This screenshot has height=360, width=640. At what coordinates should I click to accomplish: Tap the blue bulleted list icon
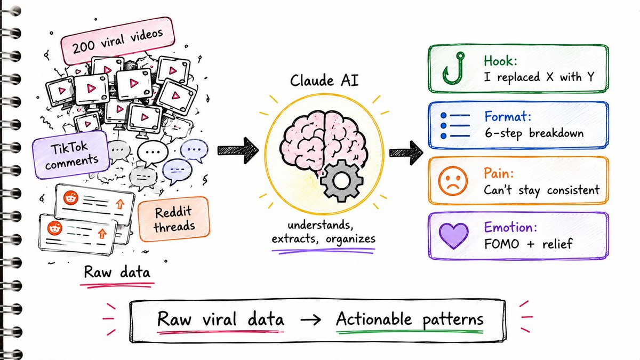click(x=455, y=126)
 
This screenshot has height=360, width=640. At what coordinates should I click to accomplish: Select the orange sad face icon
click(x=453, y=181)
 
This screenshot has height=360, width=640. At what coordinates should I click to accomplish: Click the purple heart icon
click(x=453, y=235)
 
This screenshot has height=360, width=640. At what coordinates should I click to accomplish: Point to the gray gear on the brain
click(x=342, y=181)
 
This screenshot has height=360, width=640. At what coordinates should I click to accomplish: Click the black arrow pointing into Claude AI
click(x=238, y=150)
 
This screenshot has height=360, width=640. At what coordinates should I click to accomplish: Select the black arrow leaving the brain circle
click(x=406, y=153)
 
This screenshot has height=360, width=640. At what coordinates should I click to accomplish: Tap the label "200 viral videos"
click(x=117, y=41)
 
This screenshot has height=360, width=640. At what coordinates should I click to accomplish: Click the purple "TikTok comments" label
click(x=71, y=155)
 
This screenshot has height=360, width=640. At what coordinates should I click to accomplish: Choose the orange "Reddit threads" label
click(x=174, y=219)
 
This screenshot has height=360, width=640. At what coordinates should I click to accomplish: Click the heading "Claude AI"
click(x=324, y=81)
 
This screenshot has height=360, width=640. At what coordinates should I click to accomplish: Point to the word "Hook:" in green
click(x=500, y=61)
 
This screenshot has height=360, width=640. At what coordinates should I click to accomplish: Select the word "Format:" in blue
click(x=508, y=116)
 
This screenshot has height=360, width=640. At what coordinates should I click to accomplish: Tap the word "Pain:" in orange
click(x=499, y=173)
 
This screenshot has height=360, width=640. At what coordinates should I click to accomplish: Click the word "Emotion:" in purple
click(x=510, y=227)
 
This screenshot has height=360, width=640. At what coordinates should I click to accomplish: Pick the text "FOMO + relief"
click(x=529, y=244)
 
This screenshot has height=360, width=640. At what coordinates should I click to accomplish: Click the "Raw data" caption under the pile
click(x=117, y=271)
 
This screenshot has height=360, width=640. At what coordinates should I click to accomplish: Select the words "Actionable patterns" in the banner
click(x=410, y=319)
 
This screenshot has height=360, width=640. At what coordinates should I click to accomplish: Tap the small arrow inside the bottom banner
click(x=310, y=319)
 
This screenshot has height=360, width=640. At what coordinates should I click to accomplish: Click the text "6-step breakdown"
click(x=534, y=133)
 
